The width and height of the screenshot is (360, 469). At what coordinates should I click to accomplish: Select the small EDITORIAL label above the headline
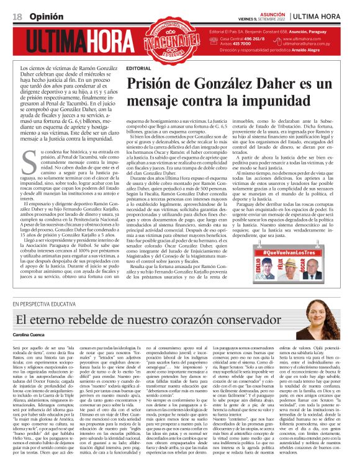pyautogui.click(x=137, y=66)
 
